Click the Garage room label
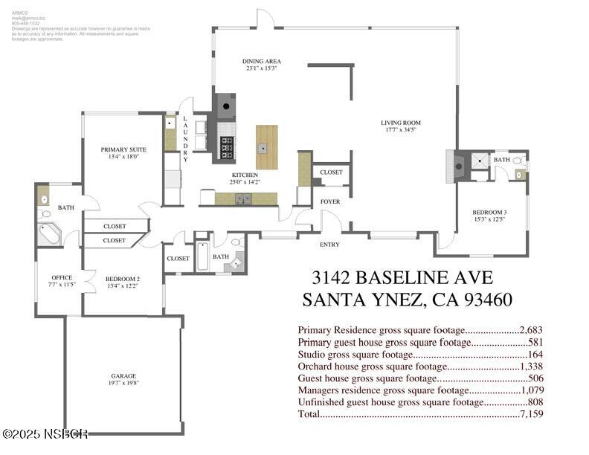tap(124, 376)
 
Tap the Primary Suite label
tap(123, 149)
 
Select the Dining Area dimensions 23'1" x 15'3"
tap(261, 68)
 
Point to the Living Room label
tap(401, 123)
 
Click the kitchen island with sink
tap(266, 146)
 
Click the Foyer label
tap(330, 201)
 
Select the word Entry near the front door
tap(330, 244)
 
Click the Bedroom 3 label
tap(489, 213)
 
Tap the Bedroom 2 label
tap(123, 280)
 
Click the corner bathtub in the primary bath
tap(50, 235)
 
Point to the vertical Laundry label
tap(185, 140)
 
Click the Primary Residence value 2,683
tap(531, 329)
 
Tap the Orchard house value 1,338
tap(531, 366)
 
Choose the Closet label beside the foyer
tap(331, 172)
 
